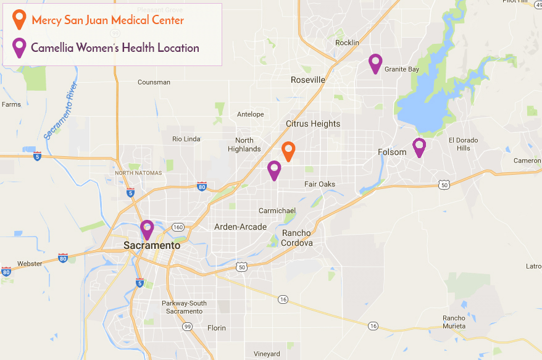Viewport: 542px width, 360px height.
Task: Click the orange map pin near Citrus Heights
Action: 288,150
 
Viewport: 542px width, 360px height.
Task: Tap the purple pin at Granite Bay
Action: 375,62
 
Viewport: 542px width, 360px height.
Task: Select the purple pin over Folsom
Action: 419,146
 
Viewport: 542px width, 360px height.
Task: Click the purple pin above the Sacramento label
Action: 147,228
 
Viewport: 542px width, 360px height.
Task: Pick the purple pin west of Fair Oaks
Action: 274,169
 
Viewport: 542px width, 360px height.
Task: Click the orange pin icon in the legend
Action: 20,19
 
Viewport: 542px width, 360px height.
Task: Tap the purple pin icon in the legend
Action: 20,47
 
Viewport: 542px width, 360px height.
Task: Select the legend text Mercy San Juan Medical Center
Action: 107,20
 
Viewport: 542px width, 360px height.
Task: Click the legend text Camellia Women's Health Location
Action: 115,48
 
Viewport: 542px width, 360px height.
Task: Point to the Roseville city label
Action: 307,80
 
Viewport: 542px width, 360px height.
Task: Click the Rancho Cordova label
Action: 298,238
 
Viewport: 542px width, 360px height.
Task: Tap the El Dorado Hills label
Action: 463,144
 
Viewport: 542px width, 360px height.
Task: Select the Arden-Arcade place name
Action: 240,227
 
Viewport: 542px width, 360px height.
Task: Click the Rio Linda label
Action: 186,139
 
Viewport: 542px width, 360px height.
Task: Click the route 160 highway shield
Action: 178,227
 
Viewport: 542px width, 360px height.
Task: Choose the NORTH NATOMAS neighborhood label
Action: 138,173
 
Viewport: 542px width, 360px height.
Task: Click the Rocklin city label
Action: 346,43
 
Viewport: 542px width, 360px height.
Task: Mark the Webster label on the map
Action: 30,264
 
